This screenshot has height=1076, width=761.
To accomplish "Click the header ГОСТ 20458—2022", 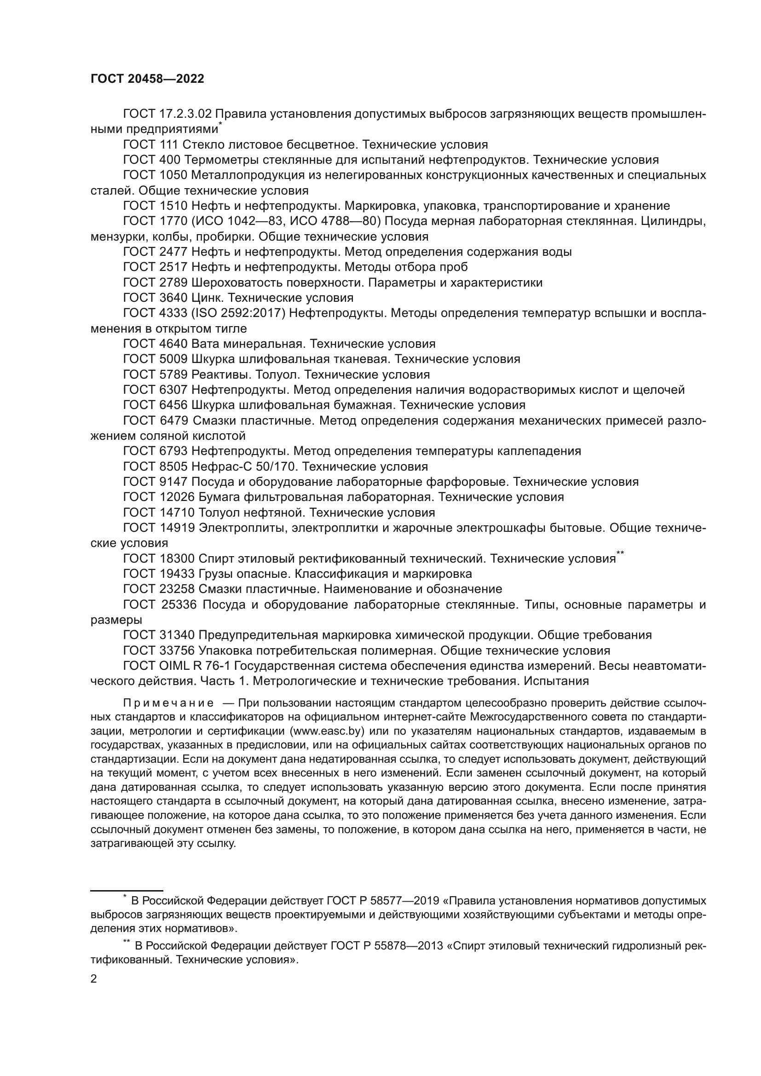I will pyautogui.click(x=147, y=79).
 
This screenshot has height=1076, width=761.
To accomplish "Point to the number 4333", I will pyautogui.click(x=173, y=313).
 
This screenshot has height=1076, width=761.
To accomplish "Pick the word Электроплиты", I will pyautogui.click(x=242, y=528).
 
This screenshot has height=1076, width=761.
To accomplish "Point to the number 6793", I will pyautogui.click(x=173, y=451).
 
